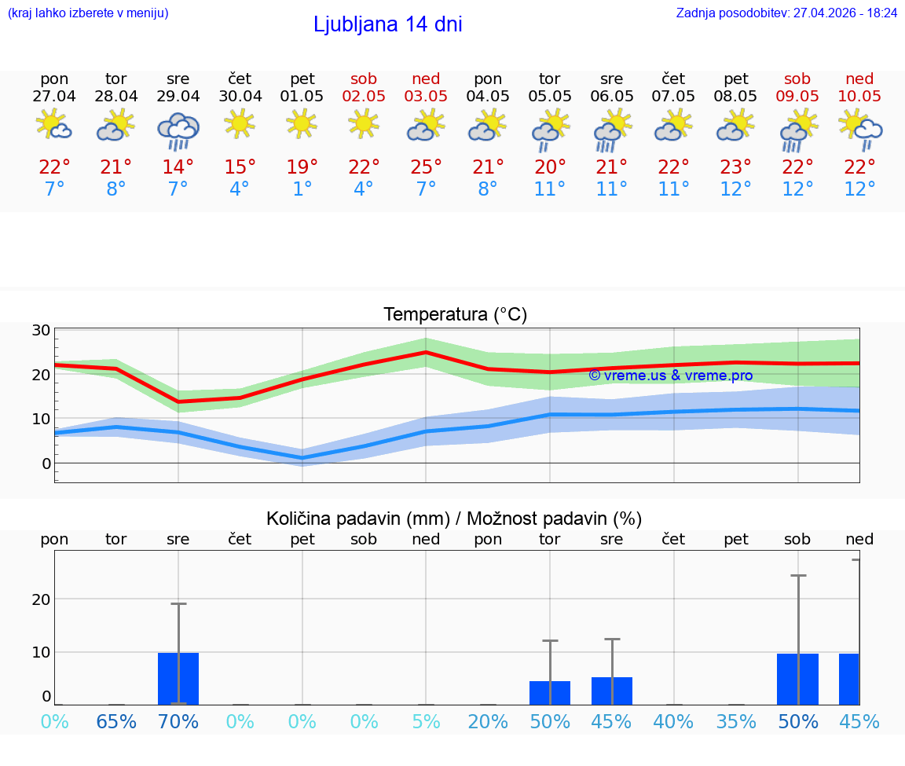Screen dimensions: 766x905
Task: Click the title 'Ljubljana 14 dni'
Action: pos(387,24)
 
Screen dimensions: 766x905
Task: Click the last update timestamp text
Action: pos(786,13)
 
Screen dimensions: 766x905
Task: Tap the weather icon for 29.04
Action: pos(178,130)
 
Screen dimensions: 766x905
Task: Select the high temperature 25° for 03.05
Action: pos(426,167)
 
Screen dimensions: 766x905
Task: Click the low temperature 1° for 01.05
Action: pos(302,189)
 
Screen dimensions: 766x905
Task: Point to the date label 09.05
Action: pos(797,96)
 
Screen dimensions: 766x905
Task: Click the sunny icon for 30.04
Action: pos(240,123)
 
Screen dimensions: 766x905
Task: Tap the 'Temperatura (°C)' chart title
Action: pos(455,315)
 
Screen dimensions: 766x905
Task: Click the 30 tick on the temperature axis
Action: pos(41,330)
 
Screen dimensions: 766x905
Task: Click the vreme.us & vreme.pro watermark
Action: pos(670,376)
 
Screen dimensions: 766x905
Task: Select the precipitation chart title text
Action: pos(454,519)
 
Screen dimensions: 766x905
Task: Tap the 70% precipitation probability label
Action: pos(178,721)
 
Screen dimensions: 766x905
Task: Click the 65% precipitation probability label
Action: pos(116,721)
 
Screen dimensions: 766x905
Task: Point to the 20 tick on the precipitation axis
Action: pos(41,599)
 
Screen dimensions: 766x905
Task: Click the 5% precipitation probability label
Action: pos(426,721)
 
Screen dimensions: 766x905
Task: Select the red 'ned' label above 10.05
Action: pos(859,79)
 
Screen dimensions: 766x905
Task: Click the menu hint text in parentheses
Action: pos(88,13)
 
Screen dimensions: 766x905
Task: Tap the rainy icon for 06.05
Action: pos(611,130)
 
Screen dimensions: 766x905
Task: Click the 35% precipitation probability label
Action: pos(736,721)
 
